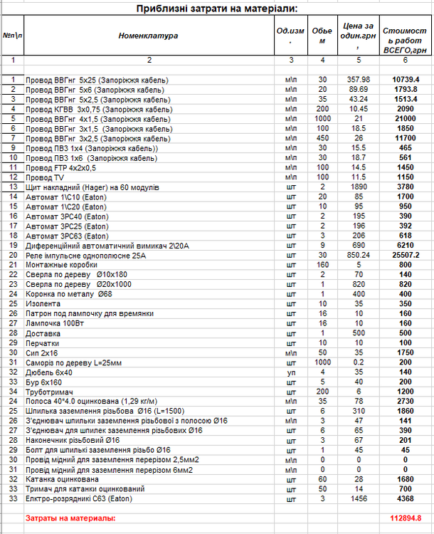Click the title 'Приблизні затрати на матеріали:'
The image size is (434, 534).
217,9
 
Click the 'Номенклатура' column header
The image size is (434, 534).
148,35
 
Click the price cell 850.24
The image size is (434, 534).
359,253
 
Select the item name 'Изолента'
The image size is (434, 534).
42,303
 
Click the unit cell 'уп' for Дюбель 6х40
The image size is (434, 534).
290,371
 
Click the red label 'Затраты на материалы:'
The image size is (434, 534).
70,518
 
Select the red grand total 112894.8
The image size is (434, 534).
406,518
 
